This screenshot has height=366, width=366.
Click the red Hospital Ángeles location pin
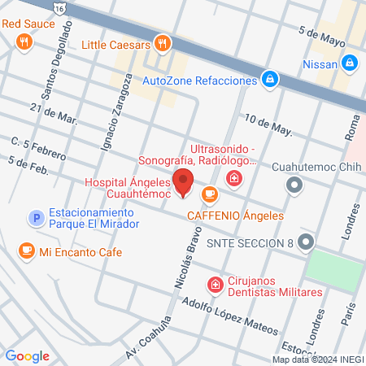click(183, 182)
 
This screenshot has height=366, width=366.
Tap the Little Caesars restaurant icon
click(163, 44)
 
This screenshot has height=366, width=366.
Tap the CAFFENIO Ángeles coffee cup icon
click(210, 194)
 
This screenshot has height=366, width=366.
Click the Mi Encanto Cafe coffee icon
click(27, 251)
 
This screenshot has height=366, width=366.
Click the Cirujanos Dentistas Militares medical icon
click(215, 285)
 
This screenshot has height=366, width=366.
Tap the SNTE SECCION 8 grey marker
click(306, 242)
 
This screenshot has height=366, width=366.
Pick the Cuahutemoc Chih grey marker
click(294, 186)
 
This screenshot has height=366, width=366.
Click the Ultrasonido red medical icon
click(234, 178)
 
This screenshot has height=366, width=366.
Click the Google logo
click(28, 355)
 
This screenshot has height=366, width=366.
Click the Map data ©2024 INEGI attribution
click(318, 359)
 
